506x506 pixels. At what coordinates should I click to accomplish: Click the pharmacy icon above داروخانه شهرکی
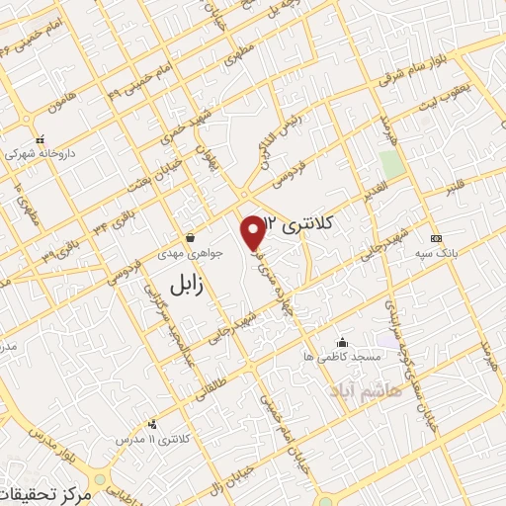40,140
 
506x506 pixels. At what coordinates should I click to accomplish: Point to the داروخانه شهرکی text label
40,154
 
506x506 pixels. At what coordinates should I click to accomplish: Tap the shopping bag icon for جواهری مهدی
190,238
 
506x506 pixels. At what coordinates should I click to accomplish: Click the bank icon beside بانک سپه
435,238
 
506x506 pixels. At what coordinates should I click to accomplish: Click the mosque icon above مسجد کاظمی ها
342,341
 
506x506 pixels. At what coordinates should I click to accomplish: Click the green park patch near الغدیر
392,165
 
